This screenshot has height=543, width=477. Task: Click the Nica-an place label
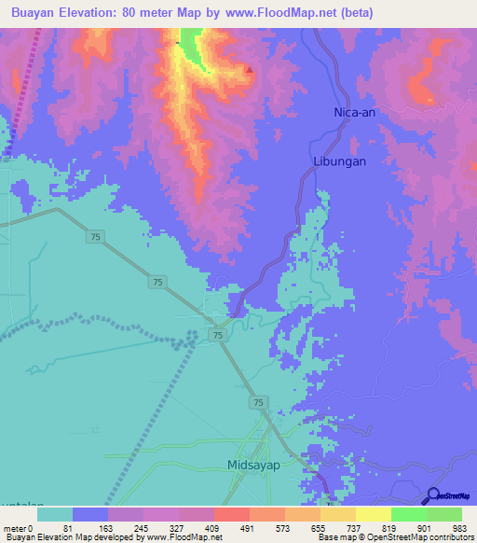(354, 113)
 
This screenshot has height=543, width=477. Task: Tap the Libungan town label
(338, 160)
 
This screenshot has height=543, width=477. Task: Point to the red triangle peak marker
(250, 70)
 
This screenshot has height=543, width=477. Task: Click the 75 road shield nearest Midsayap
(257, 402)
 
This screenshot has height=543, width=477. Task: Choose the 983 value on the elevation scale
(459, 527)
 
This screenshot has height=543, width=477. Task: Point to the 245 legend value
(142, 527)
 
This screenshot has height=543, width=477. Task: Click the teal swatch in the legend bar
(55, 513)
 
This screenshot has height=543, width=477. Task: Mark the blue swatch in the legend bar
(90, 513)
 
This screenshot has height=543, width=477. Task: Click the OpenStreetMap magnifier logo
(434, 496)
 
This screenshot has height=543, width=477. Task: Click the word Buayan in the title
(37, 12)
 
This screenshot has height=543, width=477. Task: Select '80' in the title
(143, 12)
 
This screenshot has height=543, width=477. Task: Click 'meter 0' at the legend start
(17, 527)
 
